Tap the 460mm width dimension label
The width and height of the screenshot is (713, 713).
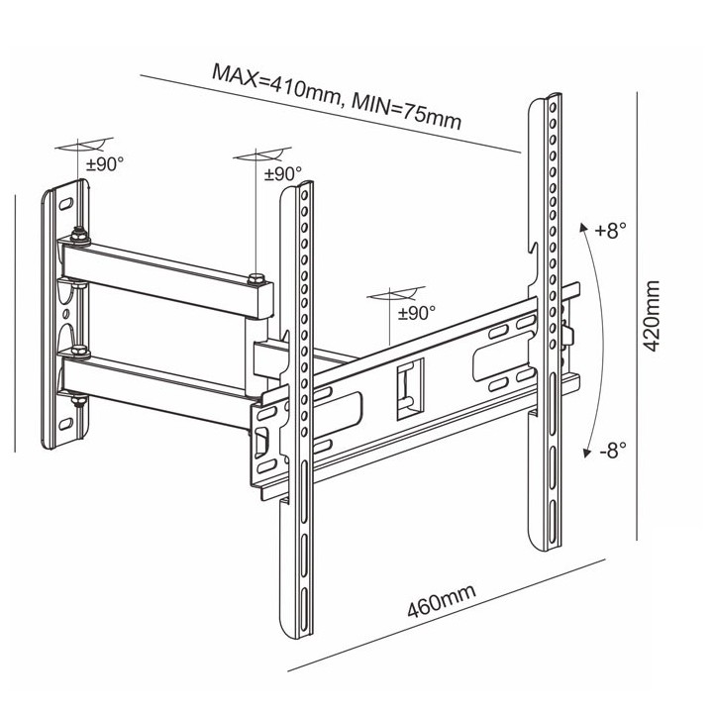pos(442,602)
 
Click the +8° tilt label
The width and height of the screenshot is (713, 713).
pos(611,231)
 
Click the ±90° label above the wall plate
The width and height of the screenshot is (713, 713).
pos(104,165)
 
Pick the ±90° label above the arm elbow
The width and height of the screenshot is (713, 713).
pos(282,173)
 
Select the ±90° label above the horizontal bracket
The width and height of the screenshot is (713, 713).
pos(417,313)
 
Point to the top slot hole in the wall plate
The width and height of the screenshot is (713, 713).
pos(65,202)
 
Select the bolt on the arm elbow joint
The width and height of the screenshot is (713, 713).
pos(257,279)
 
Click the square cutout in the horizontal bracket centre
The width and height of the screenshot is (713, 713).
pos(407,386)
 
